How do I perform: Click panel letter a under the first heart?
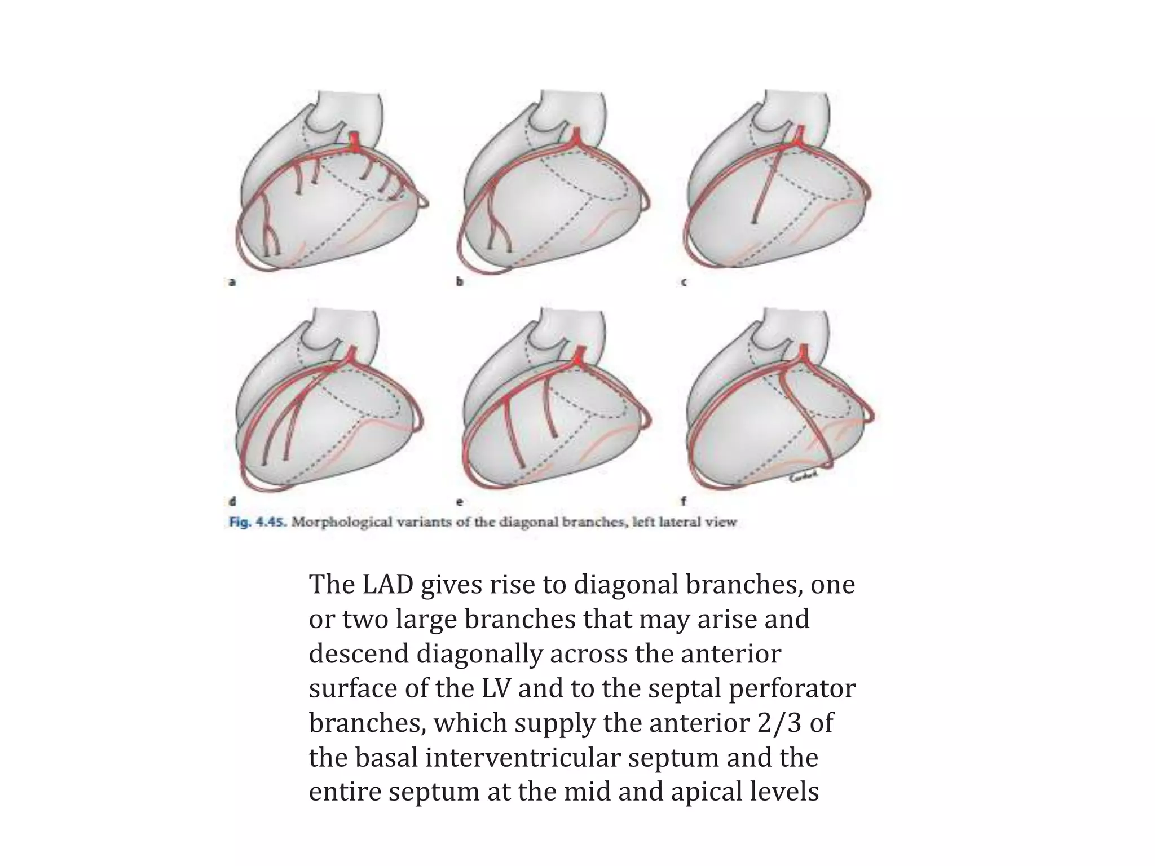tap(232, 282)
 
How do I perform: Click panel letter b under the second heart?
tap(460, 282)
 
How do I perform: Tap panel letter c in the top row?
tap(684, 282)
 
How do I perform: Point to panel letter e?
tap(460, 501)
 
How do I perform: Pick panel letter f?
tap(684, 500)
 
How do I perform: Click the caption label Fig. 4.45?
tap(258, 522)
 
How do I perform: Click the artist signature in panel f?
tap(803, 478)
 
